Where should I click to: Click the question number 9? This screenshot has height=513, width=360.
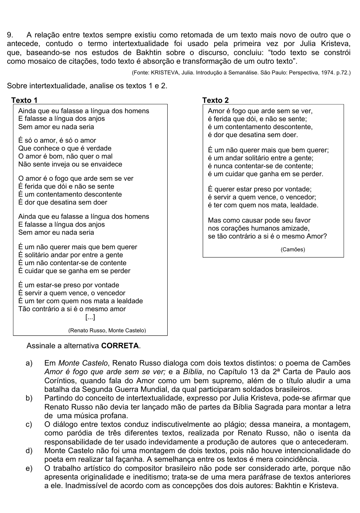coord(10,35)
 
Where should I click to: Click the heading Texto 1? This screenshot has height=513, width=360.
coord(24,100)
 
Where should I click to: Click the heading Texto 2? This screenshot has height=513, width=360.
coord(216,100)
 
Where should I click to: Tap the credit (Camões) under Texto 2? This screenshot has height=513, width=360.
coord(293,250)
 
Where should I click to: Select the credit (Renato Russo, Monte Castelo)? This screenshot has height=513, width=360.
coord(107,331)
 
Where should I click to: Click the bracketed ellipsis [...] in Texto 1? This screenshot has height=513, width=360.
coord(90,317)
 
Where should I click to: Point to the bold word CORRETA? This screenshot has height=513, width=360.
coord(120,346)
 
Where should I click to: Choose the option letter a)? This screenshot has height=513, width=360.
coord(29,363)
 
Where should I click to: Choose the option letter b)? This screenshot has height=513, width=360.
coord(29,398)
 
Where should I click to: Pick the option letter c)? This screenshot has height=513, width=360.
coord(29,424)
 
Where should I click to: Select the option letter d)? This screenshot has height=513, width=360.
coord(29,451)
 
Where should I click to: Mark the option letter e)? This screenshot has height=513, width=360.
coord(29,469)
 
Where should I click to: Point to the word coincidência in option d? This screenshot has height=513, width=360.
coord(296,459)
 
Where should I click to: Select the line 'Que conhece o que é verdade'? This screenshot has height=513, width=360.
coord(65,148)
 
